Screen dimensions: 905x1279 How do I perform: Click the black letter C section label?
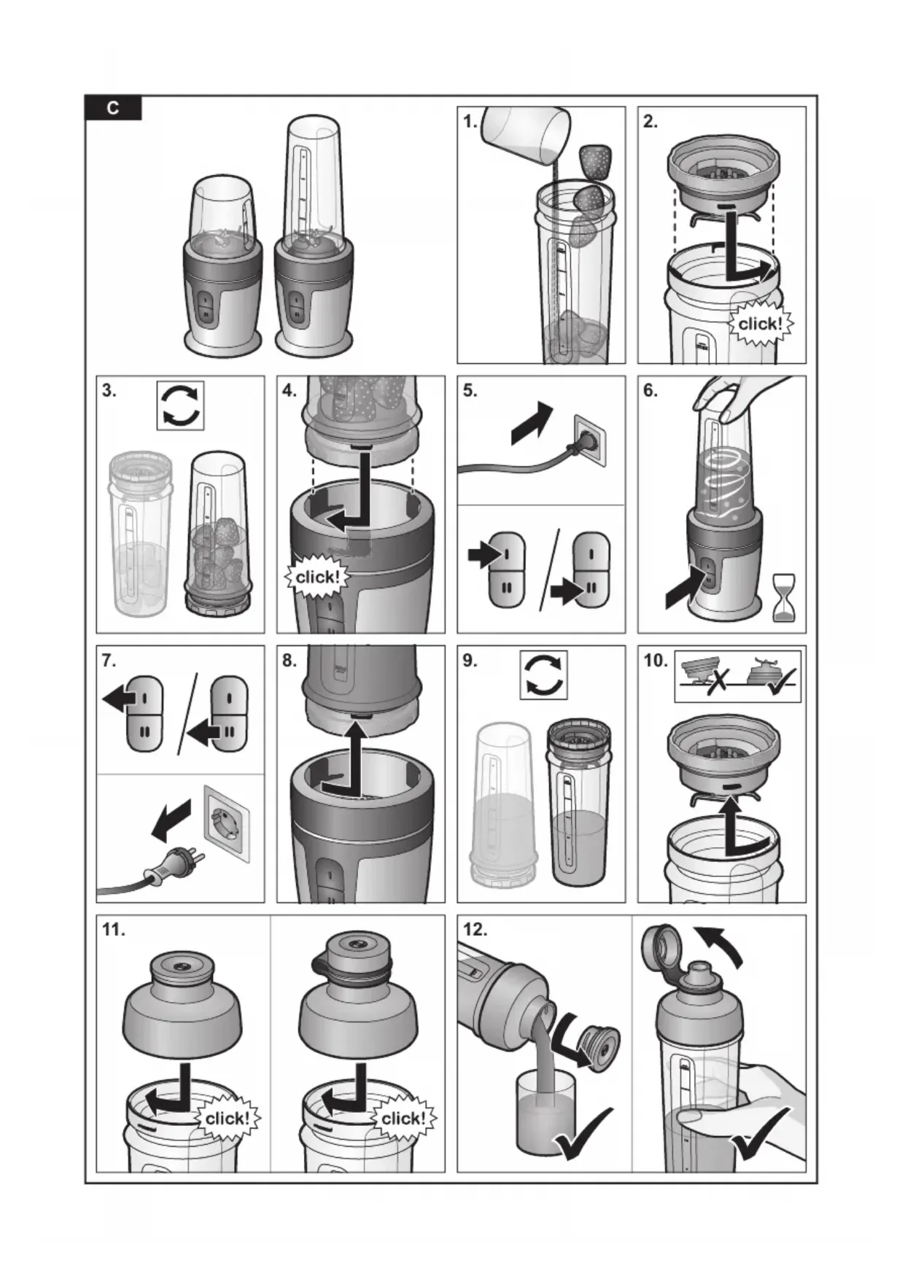(113, 108)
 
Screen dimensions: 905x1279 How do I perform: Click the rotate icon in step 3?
(180, 405)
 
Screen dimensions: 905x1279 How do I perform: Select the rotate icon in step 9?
(543, 675)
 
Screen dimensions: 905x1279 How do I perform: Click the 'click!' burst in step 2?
(760, 323)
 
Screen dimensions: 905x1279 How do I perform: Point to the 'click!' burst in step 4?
(316, 577)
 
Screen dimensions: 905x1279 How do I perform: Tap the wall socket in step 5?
(591, 440)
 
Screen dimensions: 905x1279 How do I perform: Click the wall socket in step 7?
(227, 822)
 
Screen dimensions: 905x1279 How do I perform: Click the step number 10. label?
(655, 661)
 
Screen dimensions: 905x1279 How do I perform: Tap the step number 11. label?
(113, 930)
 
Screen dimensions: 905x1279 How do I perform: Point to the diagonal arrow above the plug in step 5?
(532, 423)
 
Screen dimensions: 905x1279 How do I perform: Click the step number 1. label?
(470, 122)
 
